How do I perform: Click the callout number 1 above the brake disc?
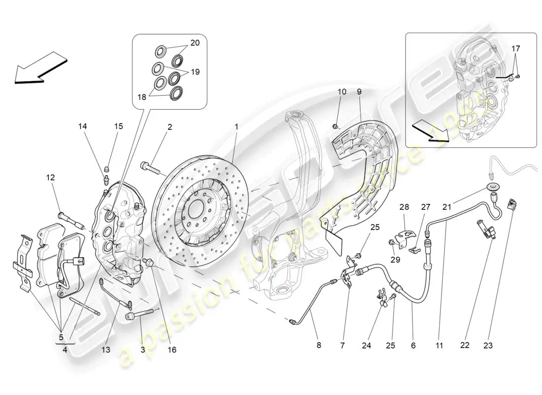click(x=237, y=127)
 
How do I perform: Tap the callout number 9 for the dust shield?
click(x=359, y=91)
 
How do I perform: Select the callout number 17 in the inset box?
click(x=515, y=48)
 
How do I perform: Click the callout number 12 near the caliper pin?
click(x=51, y=177)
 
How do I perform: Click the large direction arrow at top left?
click(x=40, y=69)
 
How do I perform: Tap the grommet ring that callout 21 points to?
click(x=491, y=186)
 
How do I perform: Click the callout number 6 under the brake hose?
click(x=413, y=346)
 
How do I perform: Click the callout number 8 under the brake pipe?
click(x=318, y=346)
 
